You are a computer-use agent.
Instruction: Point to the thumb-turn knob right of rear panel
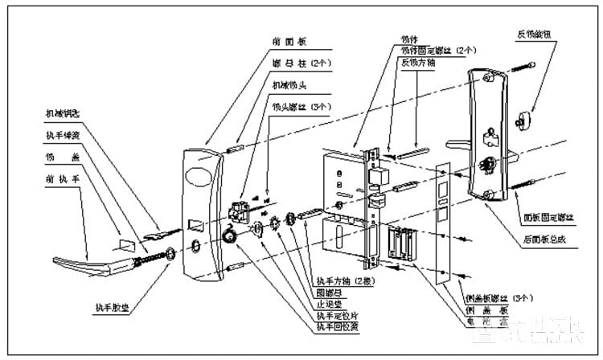pos(529,118)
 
